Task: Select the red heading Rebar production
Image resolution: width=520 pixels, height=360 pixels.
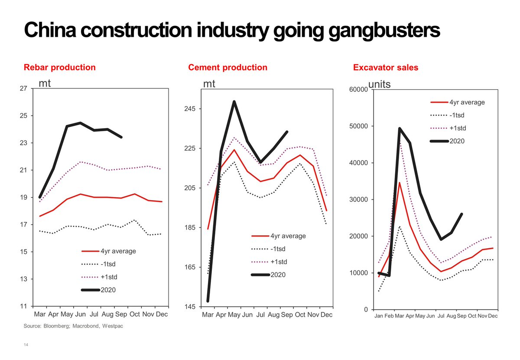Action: tap(59, 68)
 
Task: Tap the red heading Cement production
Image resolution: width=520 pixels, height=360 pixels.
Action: tap(227, 68)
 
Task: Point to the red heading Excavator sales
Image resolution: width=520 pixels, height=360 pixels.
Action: tap(386, 68)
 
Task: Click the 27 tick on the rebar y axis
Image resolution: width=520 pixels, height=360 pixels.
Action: tap(24, 89)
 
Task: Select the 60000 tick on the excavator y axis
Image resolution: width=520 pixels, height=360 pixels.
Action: tap(358, 90)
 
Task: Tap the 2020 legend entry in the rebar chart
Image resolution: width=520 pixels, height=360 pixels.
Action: tap(108, 290)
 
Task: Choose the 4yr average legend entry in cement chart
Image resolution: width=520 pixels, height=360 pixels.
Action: tap(288, 236)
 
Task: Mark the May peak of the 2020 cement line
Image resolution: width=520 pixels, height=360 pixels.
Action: tap(234, 102)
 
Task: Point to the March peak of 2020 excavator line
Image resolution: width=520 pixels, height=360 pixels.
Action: tap(400, 128)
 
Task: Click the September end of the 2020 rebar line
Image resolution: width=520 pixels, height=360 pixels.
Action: tap(121, 137)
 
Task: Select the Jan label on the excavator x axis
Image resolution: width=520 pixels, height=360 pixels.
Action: tap(379, 316)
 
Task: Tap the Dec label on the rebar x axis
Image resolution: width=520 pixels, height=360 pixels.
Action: tap(162, 315)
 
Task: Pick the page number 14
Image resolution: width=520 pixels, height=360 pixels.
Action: tap(26, 345)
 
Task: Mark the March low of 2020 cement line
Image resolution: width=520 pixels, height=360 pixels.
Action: tap(208, 300)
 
